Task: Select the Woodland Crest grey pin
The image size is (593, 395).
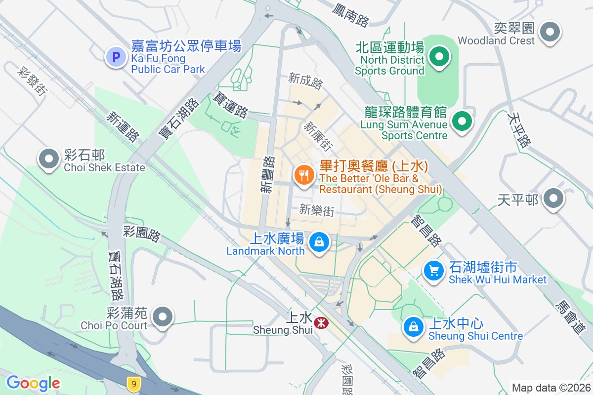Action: pos(550,33)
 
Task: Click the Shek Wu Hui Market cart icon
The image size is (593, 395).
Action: pos(434,271)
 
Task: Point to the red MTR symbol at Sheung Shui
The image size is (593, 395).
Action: pos(322,322)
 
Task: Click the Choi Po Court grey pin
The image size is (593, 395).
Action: pos(163,316)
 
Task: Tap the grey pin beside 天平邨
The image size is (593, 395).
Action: pos(553,199)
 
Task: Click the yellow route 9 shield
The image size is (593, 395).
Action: pos(132,383)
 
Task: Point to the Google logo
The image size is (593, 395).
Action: pos(33,383)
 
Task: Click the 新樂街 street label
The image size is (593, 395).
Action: pos(317,210)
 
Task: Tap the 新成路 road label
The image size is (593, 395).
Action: pos(305,81)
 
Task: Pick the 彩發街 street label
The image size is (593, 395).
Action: pos(32,81)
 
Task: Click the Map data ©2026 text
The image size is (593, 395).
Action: pos(551,388)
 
